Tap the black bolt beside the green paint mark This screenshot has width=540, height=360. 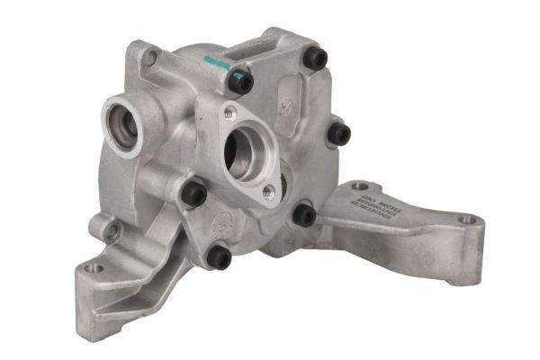pyautogui.click(x=241, y=82)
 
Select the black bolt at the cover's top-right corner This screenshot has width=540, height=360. pyautogui.click(x=315, y=58)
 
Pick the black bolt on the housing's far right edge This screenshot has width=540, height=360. pyautogui.click(x=338, y=134)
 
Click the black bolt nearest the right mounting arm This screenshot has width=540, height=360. pyautogui.click(x=304, y=215)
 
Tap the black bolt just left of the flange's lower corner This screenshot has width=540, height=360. pyautogui.click(x=193, y=192)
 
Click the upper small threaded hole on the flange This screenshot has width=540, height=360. pyautogui.click(x=230, y=112)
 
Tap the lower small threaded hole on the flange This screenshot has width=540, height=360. pyautogui.click(x=268, y=191)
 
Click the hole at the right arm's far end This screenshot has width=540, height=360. pyautogui.click(x=466, y=219)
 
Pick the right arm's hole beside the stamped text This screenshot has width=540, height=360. pyautogui.click(x=360, y=186)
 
